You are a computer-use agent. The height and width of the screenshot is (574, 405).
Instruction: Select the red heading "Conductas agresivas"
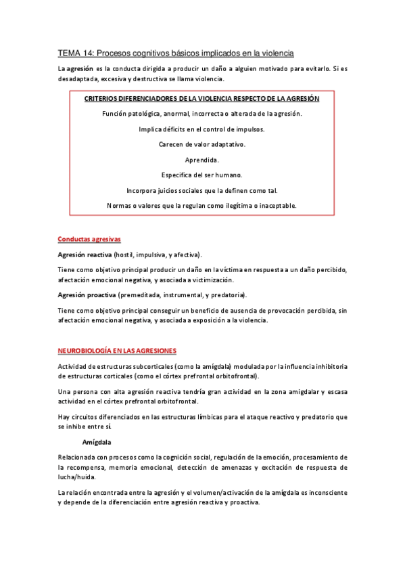89,240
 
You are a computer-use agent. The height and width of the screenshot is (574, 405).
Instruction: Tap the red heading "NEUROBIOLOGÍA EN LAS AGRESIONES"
117,351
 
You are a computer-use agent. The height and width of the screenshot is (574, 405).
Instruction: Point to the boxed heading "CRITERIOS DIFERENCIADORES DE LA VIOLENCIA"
201,99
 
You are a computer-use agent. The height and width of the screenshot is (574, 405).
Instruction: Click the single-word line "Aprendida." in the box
201,160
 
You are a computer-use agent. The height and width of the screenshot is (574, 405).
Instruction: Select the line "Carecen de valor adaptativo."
201,144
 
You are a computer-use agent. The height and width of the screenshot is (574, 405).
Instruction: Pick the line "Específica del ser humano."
201,175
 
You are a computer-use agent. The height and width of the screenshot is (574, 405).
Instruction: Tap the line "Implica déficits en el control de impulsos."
201,129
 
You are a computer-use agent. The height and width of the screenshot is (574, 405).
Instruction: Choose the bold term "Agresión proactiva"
87,295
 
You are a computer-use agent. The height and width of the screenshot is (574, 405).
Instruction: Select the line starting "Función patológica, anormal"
201,114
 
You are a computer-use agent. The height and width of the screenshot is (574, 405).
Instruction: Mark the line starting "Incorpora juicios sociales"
201,190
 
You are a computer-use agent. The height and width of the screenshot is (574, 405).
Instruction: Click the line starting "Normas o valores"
201,205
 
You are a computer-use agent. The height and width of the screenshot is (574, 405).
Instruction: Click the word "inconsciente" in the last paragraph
326,491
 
